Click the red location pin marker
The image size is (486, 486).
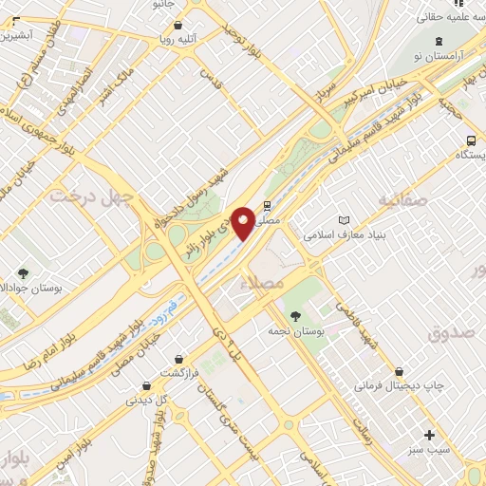point(244,222)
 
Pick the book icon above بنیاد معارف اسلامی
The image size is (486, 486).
point(343,219)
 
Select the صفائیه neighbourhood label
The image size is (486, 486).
point(400,200)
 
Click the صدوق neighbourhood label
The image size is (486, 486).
point(450,333)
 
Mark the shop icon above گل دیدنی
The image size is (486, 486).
point(146,385)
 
